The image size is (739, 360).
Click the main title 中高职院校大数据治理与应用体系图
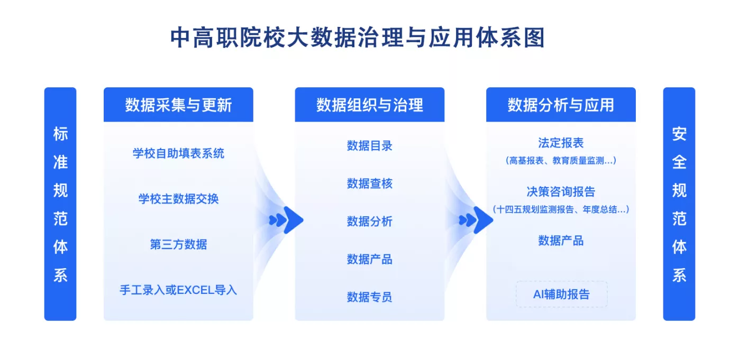(x=357, y=38)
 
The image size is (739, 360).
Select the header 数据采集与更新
(x=178, y=105)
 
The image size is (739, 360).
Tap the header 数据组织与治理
(x=369, y=105)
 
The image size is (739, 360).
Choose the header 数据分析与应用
(x=561, y=105)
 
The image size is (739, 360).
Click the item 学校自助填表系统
(x=178, y=153)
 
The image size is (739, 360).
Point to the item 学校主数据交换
(x=178, y=199)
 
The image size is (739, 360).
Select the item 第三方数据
(x=178, y=244)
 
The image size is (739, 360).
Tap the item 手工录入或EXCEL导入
(x=178, y=290)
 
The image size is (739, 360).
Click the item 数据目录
(x=369, y=145)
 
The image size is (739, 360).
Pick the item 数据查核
(x=369, y=183)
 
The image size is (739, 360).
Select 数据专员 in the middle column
(x=369, y=297)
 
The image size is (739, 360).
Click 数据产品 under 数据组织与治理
(x=369, y=259)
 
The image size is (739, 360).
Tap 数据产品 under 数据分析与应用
(x=561, y=241)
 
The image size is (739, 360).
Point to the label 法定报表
(x=561, y=143)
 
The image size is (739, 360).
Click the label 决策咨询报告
(x=561, y=191)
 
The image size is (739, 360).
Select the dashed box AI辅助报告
(x=561, y=294)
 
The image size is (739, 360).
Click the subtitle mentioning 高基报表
(x=561, y=161)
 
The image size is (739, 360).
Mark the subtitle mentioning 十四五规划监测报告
(x=561, y=209)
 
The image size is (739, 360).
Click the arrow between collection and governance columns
(x=286, y=220)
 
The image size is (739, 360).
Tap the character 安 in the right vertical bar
(x=679, y=134)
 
